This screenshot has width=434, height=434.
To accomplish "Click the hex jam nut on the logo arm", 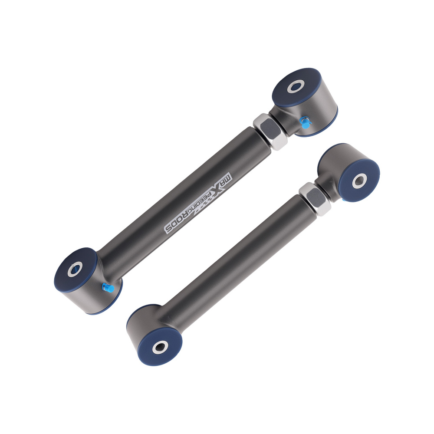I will pos(268,131).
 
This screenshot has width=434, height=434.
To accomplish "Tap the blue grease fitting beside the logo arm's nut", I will pos(305,123).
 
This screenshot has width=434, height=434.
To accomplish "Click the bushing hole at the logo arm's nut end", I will pos(296,86).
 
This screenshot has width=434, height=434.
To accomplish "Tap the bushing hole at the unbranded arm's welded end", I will pos(160,346).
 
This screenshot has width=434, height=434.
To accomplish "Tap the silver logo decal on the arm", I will pos(200,202).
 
